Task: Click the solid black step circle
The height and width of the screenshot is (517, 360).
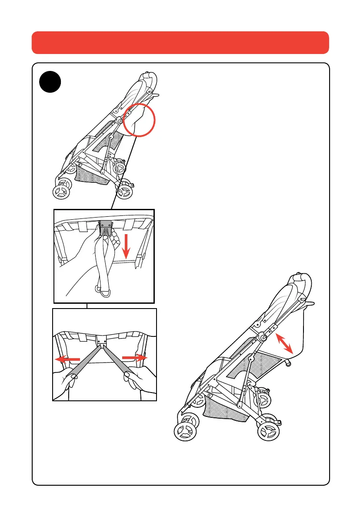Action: point(50,82)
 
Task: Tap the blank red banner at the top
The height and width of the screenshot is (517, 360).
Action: point(180,42)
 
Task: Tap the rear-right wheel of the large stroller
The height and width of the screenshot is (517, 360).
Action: point(269,432)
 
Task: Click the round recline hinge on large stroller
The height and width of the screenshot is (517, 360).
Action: point(264,336)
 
